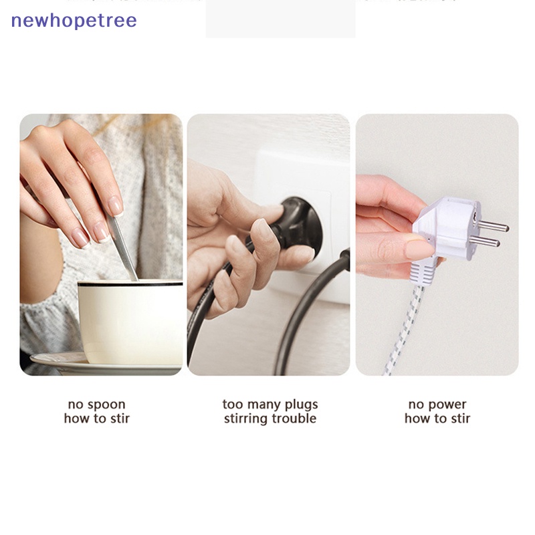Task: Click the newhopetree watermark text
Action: coord(74,21)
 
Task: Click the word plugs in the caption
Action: coord(302,405)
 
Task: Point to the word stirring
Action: coord(245,419)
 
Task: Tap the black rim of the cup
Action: coord(130,284)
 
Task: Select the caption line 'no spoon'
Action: coord(96,405)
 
